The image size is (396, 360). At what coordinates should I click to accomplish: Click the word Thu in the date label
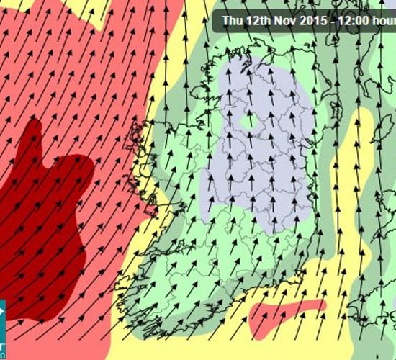233,20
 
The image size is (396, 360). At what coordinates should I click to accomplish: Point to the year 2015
308,20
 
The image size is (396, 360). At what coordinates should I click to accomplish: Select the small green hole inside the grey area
249,121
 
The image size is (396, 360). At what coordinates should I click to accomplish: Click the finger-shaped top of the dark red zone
32,137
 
